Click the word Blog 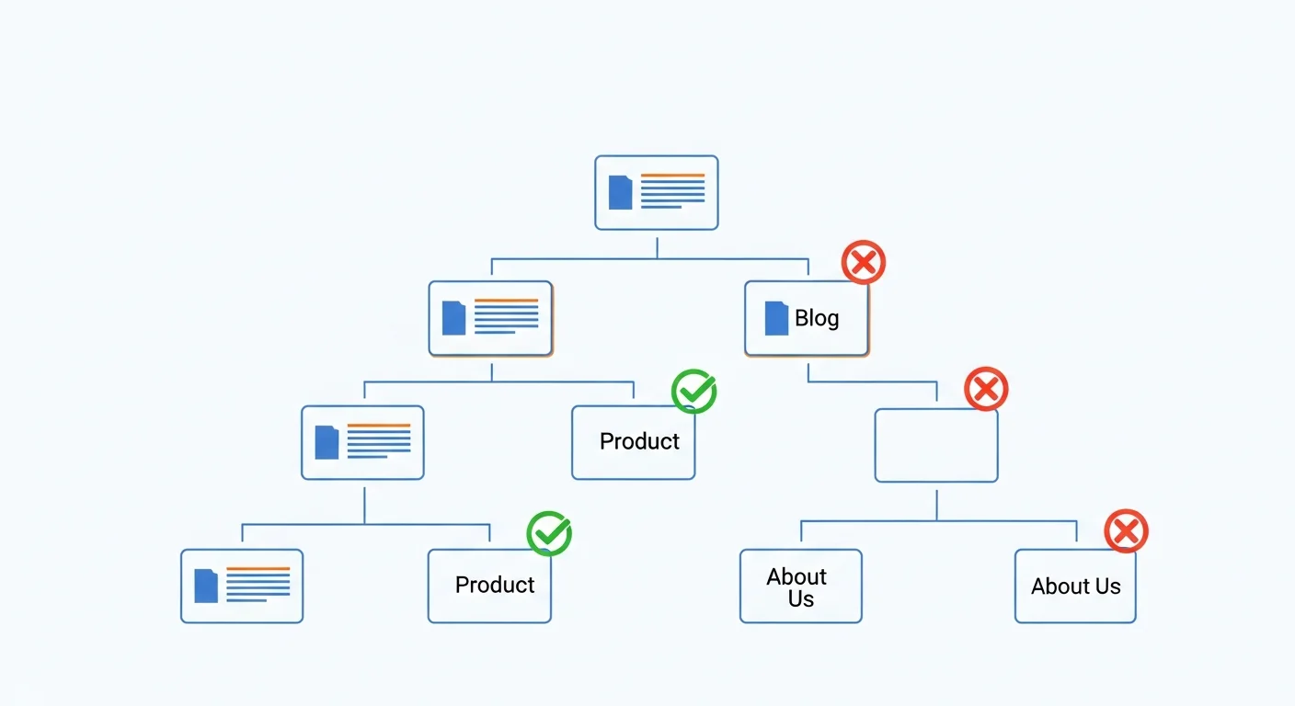[817, 318]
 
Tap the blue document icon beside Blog [776, 318]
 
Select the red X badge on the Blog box [863, 262]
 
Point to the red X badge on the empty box [986, 389]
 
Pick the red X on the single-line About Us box [1126, 531]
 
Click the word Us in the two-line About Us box [801, 599]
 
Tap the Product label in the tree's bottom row [494, 585]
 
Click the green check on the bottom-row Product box [549, 533]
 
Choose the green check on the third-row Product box [693, 391]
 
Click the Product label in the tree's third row [639, 441]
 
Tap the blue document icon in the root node [620, 192]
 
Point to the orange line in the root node [673, 175]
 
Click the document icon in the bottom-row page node [206, 586]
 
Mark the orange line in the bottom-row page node [258, 568]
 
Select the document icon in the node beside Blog [453, 318]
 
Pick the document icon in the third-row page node [327, 442]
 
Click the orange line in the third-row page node [379, 426]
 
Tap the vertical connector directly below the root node [657, 248]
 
